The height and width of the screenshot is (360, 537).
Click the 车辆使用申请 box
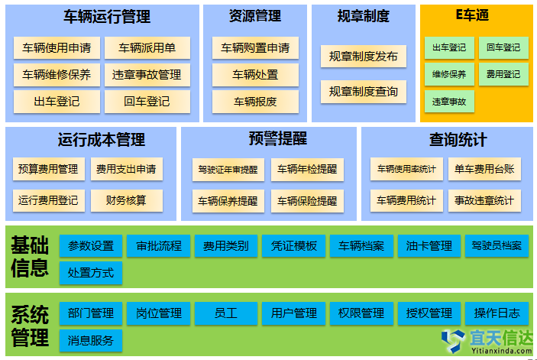[57, 49]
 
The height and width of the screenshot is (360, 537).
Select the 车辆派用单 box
[147, 49]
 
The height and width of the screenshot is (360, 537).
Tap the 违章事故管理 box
[147, 75]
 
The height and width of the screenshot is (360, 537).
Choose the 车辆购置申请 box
[255, 48]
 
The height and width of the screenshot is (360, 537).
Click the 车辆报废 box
[255, 101]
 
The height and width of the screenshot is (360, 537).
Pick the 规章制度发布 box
[363, 57]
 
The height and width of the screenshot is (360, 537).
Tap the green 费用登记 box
[503, 75]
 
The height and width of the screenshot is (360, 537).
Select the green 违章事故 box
[448, 101]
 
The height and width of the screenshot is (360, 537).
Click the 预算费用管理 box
[49, 169]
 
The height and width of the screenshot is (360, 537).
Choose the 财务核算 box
[126, 200]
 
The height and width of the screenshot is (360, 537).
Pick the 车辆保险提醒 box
[307, 202]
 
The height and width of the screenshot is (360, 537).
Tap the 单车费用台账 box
[484, 169]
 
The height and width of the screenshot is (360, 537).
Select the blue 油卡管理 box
[429, 246]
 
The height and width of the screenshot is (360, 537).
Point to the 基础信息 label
[31, 257]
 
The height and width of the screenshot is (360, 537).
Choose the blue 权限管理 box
[361, 313]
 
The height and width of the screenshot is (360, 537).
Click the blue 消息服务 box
[91, 340]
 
